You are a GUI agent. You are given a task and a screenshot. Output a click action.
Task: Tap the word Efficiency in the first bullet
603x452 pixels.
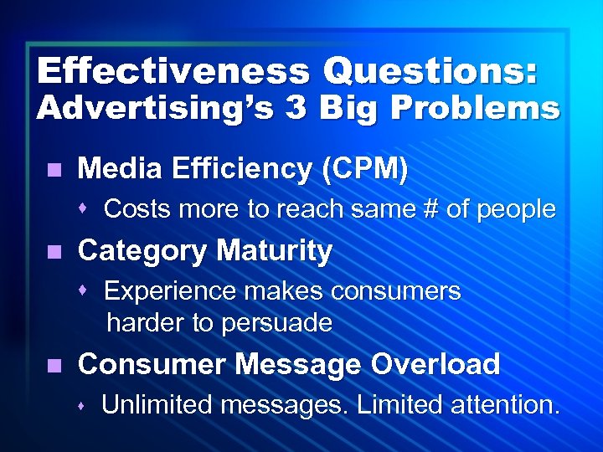251,169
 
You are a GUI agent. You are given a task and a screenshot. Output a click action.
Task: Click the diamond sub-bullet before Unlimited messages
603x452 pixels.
85,406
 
